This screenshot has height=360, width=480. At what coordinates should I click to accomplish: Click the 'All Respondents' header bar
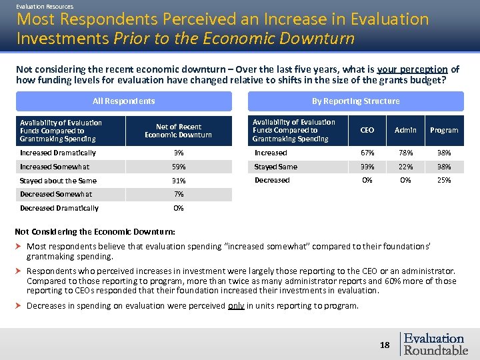124,101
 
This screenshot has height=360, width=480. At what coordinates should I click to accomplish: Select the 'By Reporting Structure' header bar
355,101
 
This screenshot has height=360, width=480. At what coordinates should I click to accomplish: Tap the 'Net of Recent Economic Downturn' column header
178,131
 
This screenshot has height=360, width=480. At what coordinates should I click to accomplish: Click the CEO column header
367,130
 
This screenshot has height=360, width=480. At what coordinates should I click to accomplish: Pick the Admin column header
405,130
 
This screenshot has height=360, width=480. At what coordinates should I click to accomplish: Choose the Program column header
444,130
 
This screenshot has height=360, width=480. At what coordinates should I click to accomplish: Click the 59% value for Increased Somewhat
178,167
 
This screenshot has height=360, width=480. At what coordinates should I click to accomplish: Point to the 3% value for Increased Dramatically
178,153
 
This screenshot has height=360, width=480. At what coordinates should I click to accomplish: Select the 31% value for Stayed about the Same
178,181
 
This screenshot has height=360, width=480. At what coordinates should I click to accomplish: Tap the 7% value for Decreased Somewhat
178,194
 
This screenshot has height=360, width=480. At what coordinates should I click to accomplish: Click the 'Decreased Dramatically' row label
59,208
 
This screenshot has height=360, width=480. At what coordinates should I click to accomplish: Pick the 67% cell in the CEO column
367,153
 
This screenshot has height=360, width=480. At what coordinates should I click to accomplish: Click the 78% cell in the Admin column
405,153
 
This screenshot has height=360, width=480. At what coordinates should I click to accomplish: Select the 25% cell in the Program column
444,180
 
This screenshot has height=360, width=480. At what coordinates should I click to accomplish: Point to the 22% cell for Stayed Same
405,167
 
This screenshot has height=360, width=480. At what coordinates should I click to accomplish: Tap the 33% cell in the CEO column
367,167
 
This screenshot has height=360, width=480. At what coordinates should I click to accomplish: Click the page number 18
385,345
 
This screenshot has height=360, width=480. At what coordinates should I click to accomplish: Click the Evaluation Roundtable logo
435,344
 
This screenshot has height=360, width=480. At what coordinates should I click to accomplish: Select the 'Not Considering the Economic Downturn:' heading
95,232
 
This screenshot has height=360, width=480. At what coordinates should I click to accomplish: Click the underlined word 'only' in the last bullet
236,306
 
